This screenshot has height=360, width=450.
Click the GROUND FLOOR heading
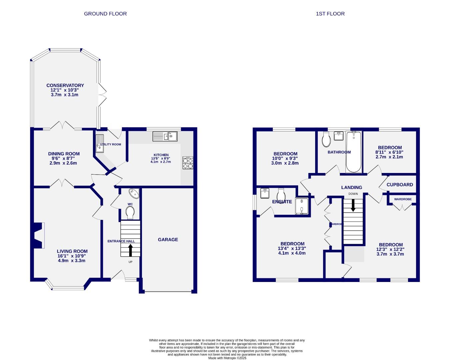[x=105, y=14]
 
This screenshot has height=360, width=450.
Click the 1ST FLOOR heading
[x=330, y=14]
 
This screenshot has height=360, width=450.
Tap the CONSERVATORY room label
[x=65, y=85]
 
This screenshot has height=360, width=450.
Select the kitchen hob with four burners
[x=188, y=163]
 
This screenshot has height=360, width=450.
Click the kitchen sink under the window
[x=165, y=136]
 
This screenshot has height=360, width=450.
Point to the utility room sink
[x=100, y=144]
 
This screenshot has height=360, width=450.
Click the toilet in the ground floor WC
[x=130, y=212]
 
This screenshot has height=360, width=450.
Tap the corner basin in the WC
[x=134, y=193]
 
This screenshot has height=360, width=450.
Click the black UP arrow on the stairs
[x=130, y=250]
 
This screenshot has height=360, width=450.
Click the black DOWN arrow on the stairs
[x=353, y=205]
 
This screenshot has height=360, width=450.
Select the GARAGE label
[x=168, y=239]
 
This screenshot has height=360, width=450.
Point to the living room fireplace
[x=39, y=235]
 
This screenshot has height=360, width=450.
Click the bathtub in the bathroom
[x=354, y=152]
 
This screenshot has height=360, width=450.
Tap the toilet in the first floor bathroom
[x=326, y=139]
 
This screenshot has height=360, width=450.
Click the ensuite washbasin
[x=265, y=193]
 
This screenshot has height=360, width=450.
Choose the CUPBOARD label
[x=400, y=184]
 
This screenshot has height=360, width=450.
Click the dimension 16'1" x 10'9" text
[x=72, y=256]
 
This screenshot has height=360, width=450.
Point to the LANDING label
[x=351, y=187]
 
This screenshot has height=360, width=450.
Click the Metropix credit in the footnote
[x=227, y=358]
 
